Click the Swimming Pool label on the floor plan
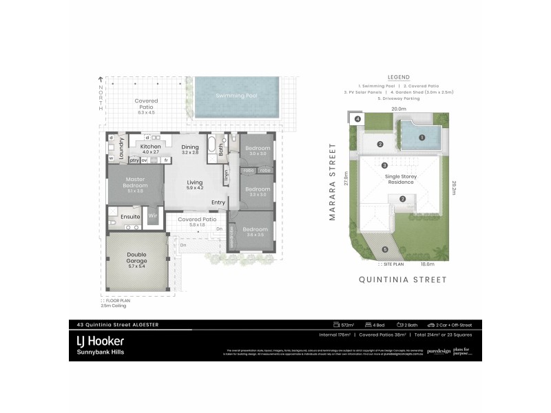pos(236,96)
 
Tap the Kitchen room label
pos(150,147)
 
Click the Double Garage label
pos(136,258)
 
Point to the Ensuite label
pos(131,218)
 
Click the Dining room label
pos(190,147)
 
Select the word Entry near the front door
pos(218,202)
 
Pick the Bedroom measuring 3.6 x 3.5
pos(256,231)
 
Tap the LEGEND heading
pos(399,77)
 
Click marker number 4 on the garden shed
pos(358,119)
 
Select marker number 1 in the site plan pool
pos(421,137)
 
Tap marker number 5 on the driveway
pos(384,249)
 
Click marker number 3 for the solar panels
pos(384,165)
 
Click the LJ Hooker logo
pos(100,340)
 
